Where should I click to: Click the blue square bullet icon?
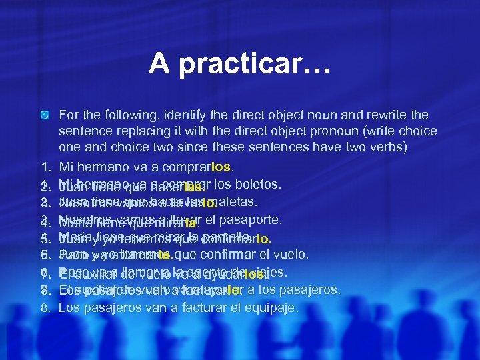tap(44, 116)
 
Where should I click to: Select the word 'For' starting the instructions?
tap(69, 115)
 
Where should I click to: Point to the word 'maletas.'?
tap(234, 201)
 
